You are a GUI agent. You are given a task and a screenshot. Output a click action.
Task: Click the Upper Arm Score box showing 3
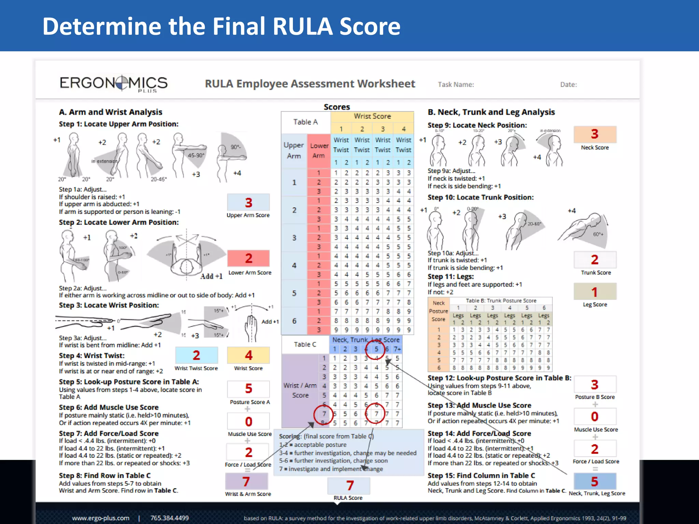(x=248, y=202)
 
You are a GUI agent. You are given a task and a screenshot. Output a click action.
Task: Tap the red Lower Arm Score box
(x=248, y=258)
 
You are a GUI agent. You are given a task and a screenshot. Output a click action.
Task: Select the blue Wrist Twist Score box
(x=196, y=355)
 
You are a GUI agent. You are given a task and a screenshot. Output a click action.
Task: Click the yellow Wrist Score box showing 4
(x=248, y=355)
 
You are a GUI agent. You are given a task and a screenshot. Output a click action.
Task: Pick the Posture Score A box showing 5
(x=248, y=389)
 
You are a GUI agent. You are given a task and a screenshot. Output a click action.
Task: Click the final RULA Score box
(x=349, y=485)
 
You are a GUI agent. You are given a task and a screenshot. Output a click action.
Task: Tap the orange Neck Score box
(x=595, y=134)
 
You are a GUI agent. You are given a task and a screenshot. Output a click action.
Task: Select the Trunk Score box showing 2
(x=595, y=260)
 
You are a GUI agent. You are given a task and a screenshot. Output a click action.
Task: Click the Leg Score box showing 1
(x=595, y=292)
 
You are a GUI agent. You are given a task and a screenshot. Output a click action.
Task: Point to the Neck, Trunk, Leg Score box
(x=595, y=481)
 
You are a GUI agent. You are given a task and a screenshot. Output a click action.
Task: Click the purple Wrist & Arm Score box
(x=246, y=481)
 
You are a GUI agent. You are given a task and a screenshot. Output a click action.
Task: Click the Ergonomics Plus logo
(x=113, y=83)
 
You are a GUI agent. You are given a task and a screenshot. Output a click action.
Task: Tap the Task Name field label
(x=456, y=85)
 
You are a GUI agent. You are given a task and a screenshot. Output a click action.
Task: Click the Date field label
(x=568, y=85)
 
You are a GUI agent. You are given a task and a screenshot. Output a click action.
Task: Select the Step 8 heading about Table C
(x=105, y=476)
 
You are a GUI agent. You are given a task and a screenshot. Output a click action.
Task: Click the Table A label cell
(x=305, y=122)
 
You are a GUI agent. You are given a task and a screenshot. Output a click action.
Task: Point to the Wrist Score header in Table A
(x=372, y=116)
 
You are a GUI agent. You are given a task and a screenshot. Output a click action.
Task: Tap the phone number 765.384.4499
(x=170, y=518)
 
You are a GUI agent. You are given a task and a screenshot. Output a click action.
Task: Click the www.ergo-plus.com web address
(x=101, y=518)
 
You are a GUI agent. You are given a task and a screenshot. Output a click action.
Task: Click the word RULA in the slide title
(x=302, y=26)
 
